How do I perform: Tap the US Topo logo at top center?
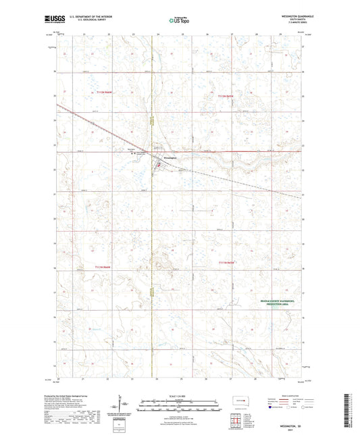[178, 20]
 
